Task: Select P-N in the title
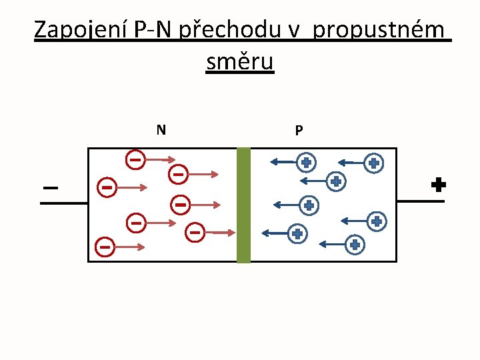(153, 31)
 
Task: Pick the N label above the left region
(161, 129)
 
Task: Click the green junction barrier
(243, 205)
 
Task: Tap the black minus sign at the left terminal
(50, 188)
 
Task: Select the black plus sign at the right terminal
(438, 185)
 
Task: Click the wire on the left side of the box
(64, 202)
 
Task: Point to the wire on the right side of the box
(420, 201)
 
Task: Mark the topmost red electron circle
(135, 159)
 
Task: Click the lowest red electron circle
(105, 247)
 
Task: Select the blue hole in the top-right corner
(374, 162)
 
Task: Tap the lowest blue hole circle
(355, 245)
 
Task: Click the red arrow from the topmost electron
(160, 160)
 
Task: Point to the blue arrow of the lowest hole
(331, 245)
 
